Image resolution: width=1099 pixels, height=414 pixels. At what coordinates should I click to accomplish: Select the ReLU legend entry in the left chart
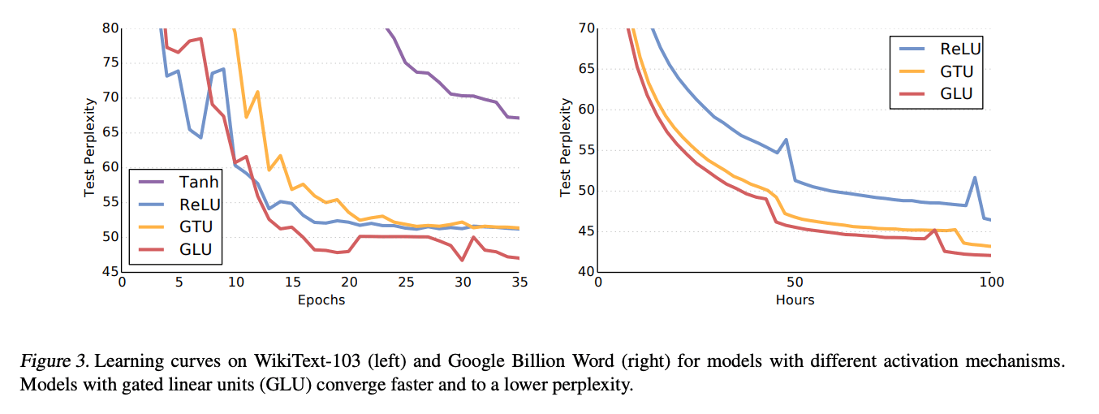pyautogui.click(x=198, y=205)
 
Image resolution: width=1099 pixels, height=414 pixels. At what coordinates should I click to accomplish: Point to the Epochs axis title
pyautogui.click(x=321, y=300)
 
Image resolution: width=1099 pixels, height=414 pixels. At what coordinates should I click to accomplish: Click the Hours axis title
pyautogui.click(x=795, y=300)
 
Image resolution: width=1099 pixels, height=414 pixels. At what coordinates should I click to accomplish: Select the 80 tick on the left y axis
pyautogui.click(x=110, y=28)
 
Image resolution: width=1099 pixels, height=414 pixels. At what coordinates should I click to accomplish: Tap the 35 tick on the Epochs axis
pyautogui.click(x=519, y=282)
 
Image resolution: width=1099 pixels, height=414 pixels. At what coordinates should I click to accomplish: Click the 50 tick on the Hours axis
pyautogui.click(x=795, y=282)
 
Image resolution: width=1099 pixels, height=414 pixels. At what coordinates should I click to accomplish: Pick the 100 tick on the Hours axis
pyautogui.click(x=990, y=282)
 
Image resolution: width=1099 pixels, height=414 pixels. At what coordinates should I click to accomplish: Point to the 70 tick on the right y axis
pyautogui.click(x=585, y=28)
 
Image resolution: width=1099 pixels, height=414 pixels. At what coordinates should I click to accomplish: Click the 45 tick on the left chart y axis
pyautogui.click(x=110, y=271)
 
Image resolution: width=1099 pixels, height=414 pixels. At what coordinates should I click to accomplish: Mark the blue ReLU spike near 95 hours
pyautogui.click(x=975, y=178)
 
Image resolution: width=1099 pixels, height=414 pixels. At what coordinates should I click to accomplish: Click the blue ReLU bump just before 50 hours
pyautogui.click(x=786, y=140)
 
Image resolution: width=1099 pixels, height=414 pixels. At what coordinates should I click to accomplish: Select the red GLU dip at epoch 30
pyautogui.click(x=462, y=260)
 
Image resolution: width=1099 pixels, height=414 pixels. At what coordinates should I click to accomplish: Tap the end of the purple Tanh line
pyautogui.click(x=518, y=119)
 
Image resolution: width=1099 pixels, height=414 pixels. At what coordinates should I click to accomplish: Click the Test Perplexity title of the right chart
pyautogui.click(x=566, y=149)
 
